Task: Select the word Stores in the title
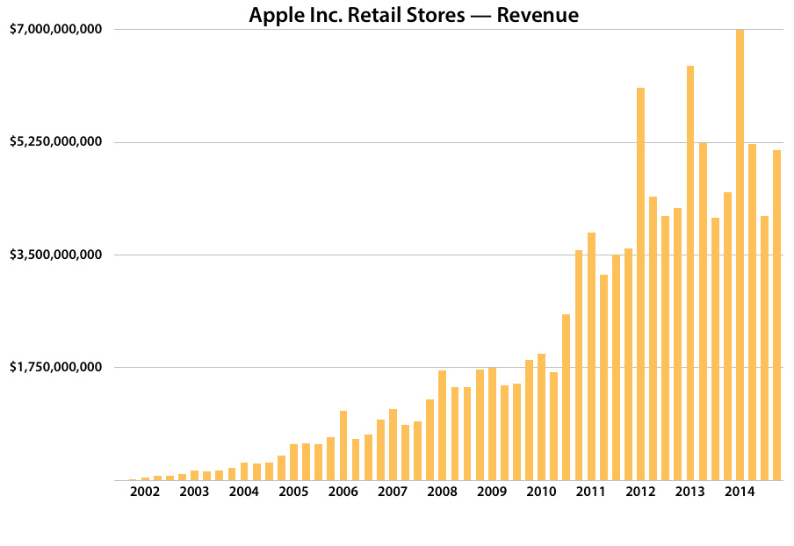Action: tap(435, 15)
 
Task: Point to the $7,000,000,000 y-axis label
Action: tap(57, 30)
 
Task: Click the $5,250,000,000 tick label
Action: tap(57, 142)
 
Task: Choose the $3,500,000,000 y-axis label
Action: tap(57, 255)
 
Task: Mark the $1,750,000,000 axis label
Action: tap(57, 367)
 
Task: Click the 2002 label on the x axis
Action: tap(145, 492)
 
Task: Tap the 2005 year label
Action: tap(293, 492)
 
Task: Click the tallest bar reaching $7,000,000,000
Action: tap(740, 255)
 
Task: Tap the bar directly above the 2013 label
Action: tap(690, 273)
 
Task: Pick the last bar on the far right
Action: tap(777, 315)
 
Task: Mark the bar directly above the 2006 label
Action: tap(343, 445)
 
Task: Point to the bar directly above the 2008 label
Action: tap(443, 425)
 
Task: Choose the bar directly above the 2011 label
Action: tap(592, 356)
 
